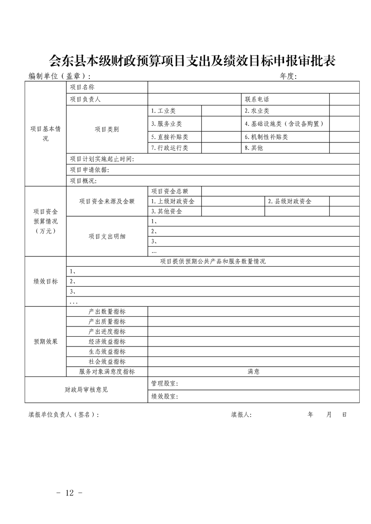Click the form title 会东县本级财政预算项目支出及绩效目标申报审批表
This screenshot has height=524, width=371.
coord(192,61)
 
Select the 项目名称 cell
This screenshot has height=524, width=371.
coord(82,87)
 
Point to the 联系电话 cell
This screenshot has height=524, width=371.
coord(257,99)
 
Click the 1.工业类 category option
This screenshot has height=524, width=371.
coord(163,111)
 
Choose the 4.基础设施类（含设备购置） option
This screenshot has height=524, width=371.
coord(284,124)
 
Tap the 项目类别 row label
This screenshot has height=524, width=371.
coord(107,129)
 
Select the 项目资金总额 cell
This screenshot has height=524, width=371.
coord(169,191)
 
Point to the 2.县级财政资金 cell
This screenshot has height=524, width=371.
coord(290,201)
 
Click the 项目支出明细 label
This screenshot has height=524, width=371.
coord(107,236)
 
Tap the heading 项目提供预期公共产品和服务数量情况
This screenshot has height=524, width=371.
coord(213,262)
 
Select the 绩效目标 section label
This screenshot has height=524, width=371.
coord(45,281)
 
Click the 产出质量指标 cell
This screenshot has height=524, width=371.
coord(107,321)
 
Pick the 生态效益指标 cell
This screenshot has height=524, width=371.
coord(107,352)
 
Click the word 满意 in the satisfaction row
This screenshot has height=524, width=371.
coord(254,372)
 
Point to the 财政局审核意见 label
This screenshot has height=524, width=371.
coord(86,389)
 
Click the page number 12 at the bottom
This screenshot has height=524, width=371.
coord(70,493)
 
